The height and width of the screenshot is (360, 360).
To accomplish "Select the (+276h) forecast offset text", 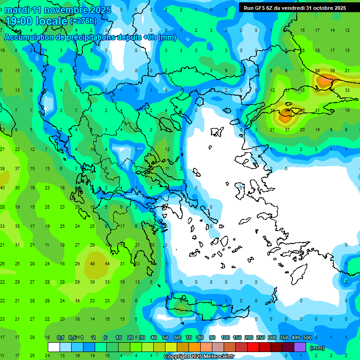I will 83,21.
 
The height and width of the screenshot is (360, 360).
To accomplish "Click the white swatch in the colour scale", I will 54,347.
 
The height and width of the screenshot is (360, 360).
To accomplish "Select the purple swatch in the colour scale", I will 300,347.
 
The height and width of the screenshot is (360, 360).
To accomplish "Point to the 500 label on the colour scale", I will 307,338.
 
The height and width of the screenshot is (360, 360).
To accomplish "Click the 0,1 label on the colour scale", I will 60,338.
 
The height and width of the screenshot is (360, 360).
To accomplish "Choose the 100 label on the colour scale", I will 225,338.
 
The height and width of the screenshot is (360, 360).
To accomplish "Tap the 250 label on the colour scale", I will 260,338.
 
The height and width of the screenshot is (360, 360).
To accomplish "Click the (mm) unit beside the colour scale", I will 317,348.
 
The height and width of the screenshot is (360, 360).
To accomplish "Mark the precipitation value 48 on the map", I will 92,263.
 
